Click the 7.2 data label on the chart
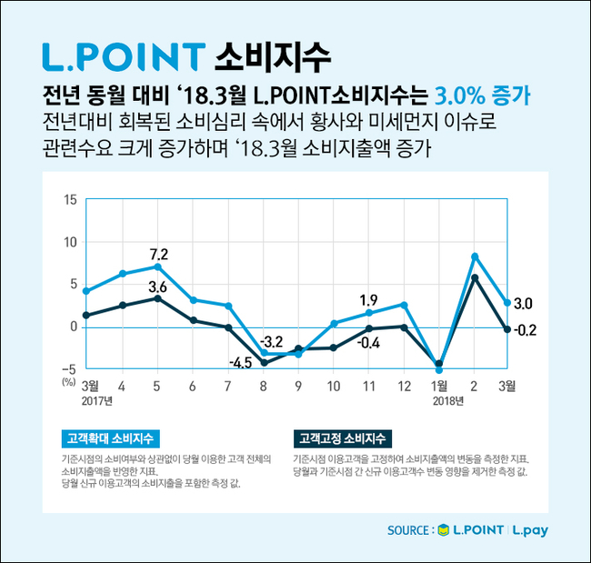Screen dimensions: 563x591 (x=160, y=254)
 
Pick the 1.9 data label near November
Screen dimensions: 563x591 (x=368, y=300)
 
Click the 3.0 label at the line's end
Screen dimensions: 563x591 (x=523, y=303)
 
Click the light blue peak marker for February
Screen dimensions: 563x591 (x=476, y=256)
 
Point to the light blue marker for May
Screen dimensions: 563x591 (x=157, y=266)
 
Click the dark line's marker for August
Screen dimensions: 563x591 (x=264, y=362)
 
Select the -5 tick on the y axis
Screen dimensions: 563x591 (x=68, y=368)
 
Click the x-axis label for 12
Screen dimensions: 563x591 (x=404, y=386)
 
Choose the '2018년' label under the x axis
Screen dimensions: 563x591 (x=448, y=400)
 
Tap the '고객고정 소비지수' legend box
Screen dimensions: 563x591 (x=338, y=437)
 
